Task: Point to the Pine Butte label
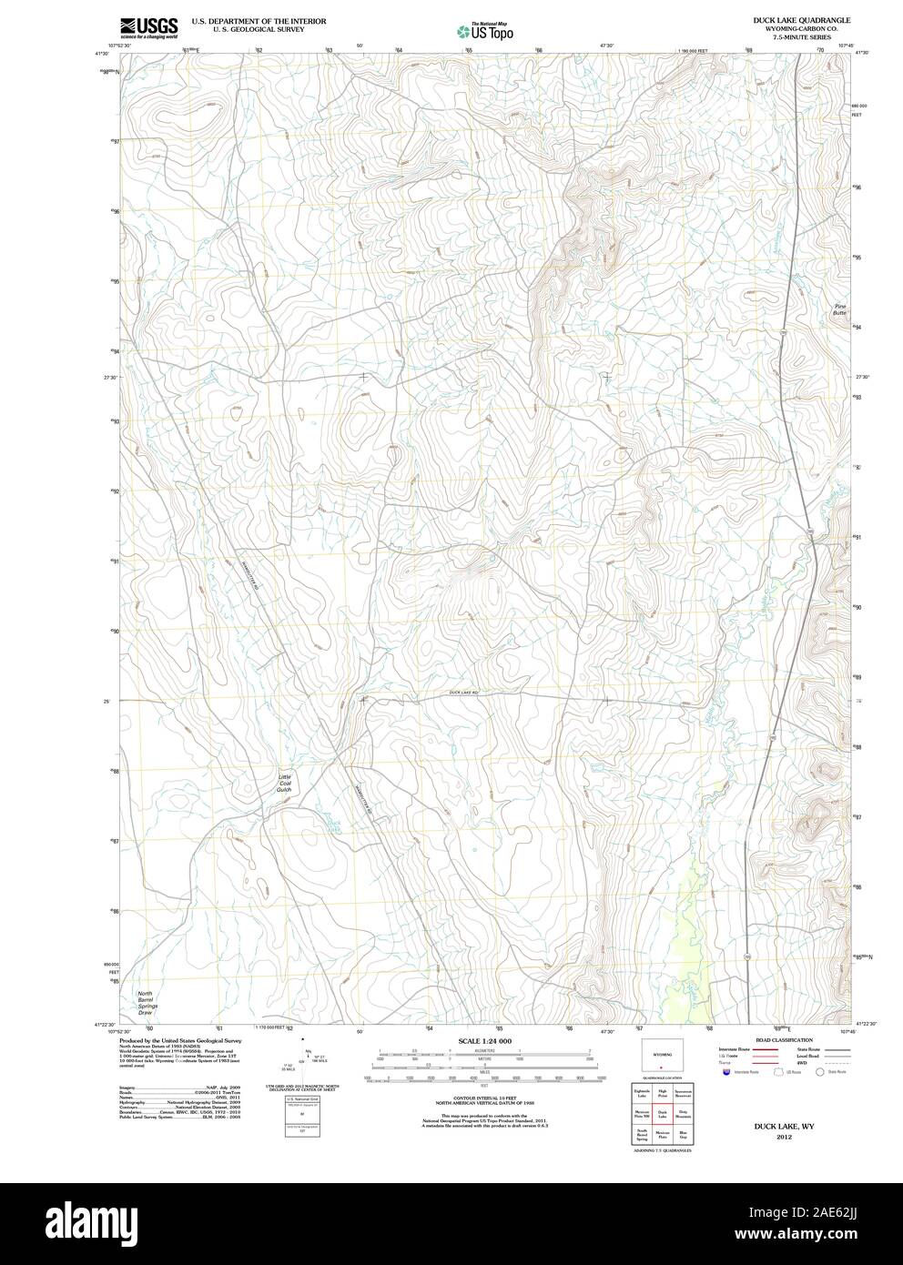(839, 310)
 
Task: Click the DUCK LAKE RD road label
(464, 693)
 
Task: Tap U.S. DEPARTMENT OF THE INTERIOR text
(259, 20)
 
